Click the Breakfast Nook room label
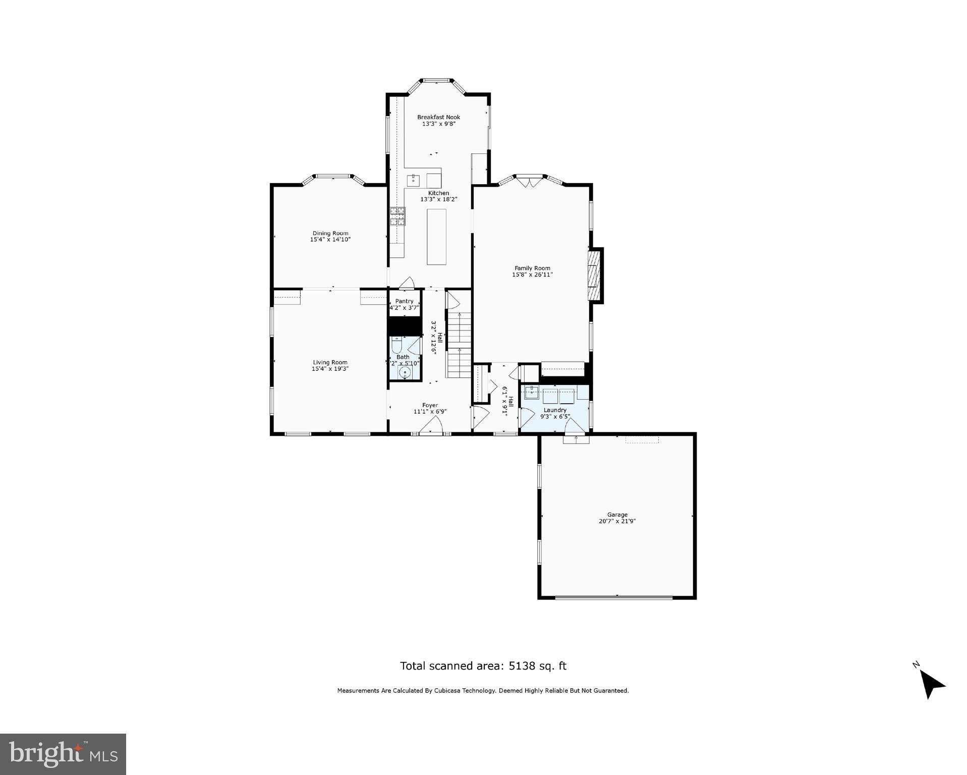[438, 117]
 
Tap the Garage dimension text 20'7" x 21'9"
[617, 521]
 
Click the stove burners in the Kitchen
[397, 216]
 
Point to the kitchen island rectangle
[436, 237]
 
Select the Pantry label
[404, 301]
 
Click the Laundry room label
[555, 410]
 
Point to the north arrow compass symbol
[931, 684]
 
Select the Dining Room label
[330, 233]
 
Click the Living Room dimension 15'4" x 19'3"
[330, 369]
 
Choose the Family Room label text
[532, 268]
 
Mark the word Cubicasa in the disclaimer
[437, 691]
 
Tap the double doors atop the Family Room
[530, 181]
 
